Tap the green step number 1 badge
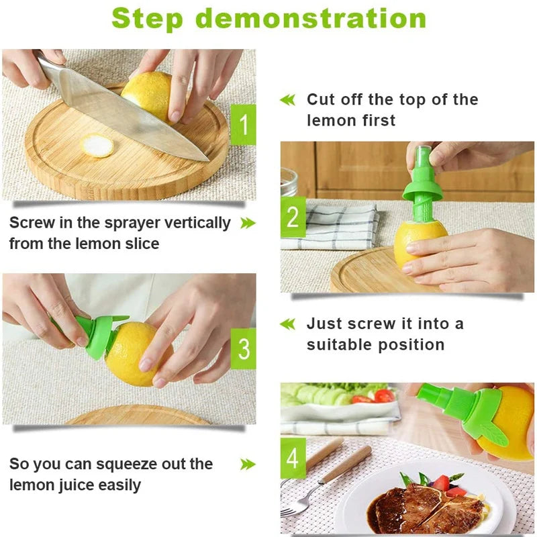coord(242,124)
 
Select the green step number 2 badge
coord(293,217)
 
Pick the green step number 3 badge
coord(243,348)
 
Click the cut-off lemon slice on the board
coord(99,146)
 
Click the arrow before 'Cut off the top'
coord(287,100)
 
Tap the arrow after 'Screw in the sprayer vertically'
coord(248,223)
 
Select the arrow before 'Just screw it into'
coord(287,324)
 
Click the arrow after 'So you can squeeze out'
coord(248,464)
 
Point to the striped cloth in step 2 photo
coord(336,225)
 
